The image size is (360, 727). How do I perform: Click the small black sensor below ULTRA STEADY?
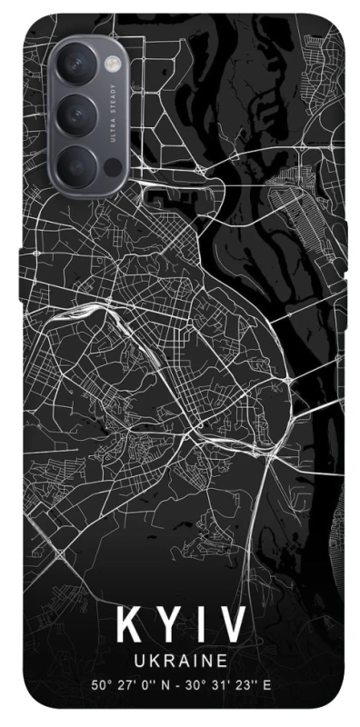coord(112,168)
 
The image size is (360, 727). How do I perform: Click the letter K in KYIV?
coord(128,627)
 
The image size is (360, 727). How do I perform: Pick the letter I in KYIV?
coord(202,627)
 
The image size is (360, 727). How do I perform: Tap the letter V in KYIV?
coord(233,627)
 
